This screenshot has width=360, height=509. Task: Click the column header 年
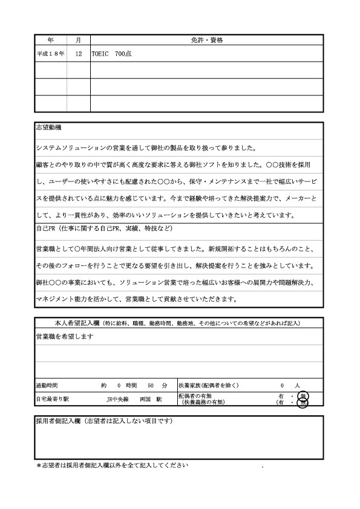[50, 40]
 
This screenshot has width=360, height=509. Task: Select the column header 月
[78, 40]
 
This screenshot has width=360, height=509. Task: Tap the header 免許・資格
[206, 40]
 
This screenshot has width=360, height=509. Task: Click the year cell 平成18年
[50, 54]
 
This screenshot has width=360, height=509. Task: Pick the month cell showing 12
[78, 54]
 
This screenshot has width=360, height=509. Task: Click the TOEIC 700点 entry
[112, 54]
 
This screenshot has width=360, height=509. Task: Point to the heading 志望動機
[48, 128]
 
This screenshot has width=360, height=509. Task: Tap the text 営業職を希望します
[64, 336]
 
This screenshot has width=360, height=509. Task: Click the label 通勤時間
[47, 385]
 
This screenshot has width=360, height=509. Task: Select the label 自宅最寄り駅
[52, 399]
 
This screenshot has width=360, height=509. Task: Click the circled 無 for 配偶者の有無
[303, 396]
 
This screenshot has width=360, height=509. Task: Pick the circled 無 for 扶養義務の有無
[303, 403]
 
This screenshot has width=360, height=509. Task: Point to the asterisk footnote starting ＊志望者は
[109, 466]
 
